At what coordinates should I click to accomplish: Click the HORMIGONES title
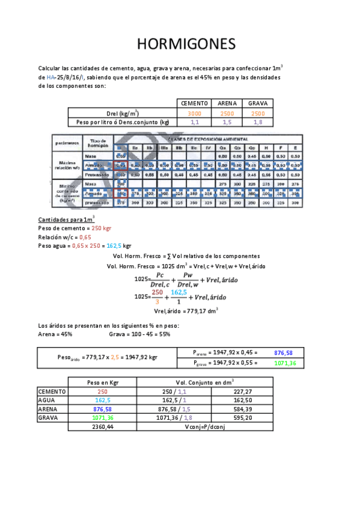pos(186,45)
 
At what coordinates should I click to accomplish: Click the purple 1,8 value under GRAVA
pos(257,122)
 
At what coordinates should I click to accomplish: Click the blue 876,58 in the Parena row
pos(283,353)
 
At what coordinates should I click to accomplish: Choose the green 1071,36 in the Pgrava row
pos(283,363)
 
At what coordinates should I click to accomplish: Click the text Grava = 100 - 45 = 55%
pos(140,334)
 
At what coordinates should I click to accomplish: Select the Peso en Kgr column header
pos(102,382)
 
